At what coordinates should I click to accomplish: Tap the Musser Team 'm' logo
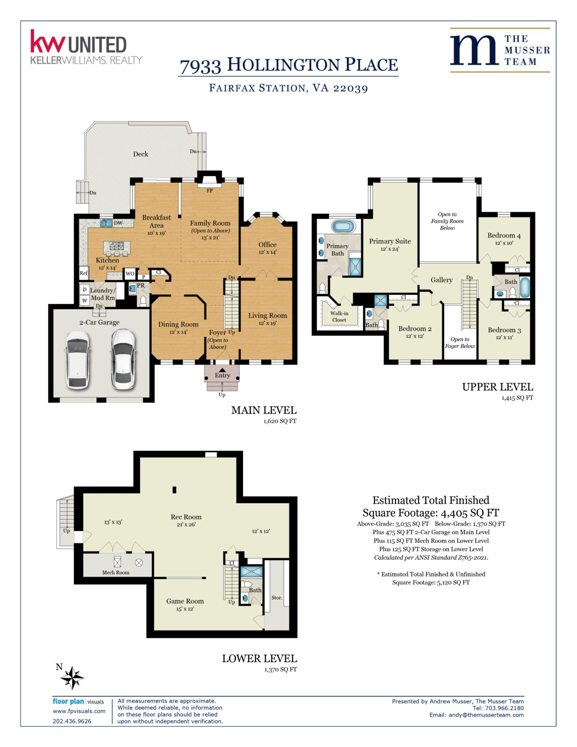click(474, 50)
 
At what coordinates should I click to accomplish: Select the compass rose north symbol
click(72, 678)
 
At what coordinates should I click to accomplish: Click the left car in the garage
click(78, 360)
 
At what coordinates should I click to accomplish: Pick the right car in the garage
click(123, 359)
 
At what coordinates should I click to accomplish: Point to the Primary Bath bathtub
click(343, 226)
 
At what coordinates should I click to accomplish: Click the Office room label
click(267, 245)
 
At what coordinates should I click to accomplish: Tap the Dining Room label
click(178, 324)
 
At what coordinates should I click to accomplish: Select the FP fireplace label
click(209, 190)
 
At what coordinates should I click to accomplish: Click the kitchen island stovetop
click(117, 245)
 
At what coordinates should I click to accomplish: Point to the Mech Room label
click(116, 572)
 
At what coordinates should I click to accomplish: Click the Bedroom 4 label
click(504, 236)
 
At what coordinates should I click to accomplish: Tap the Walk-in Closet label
click(339, 317)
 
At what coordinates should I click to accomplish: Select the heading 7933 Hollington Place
click(288, 65)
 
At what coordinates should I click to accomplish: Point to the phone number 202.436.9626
click(72, 721)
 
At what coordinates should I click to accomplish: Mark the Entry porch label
click(222, 375)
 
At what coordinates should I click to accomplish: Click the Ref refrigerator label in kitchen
click(84, 273)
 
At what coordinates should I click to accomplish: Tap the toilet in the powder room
click(143, 301)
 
